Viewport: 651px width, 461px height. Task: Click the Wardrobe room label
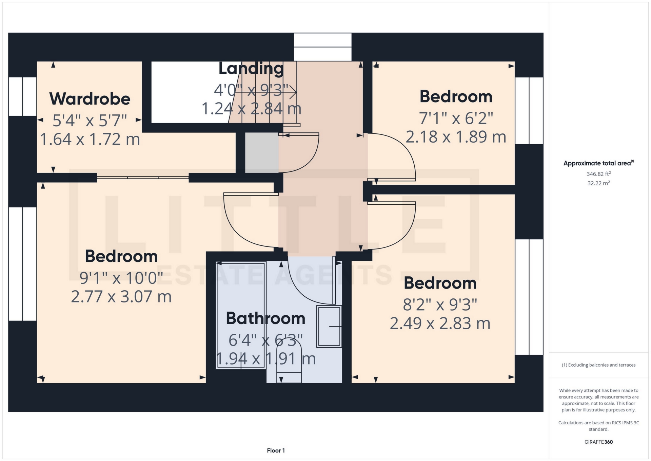coord(90,99)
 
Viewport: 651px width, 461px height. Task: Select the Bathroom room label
coord(265,318)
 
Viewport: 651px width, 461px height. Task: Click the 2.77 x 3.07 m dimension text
coord(121,297)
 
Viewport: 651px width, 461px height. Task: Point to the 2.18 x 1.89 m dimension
coord(456,137)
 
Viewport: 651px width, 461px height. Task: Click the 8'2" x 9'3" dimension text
coord(440,305)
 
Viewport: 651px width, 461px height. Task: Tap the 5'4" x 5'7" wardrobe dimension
coord(90,120)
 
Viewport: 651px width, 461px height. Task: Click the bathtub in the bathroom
coord(241,315)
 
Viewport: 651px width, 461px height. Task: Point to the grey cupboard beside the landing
coord(262,153)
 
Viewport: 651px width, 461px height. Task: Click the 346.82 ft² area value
coord(599,174)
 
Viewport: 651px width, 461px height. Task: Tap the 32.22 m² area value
coord(599,183)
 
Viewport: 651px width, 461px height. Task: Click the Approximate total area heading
coord(598,163)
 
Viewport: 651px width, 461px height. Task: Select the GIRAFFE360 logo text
coord(599,442)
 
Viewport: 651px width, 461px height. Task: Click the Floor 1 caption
coord(276,450)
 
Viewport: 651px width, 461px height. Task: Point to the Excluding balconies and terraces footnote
coord(599,365)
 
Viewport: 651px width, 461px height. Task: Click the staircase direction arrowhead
coord(294,92)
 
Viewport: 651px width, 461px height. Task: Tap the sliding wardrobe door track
coord(143,178)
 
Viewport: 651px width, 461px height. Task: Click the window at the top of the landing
coord(322,47)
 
